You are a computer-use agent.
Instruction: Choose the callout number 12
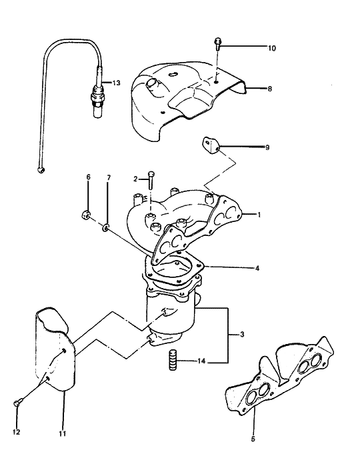(17, 432)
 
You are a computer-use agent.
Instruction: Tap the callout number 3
(232, 333)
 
